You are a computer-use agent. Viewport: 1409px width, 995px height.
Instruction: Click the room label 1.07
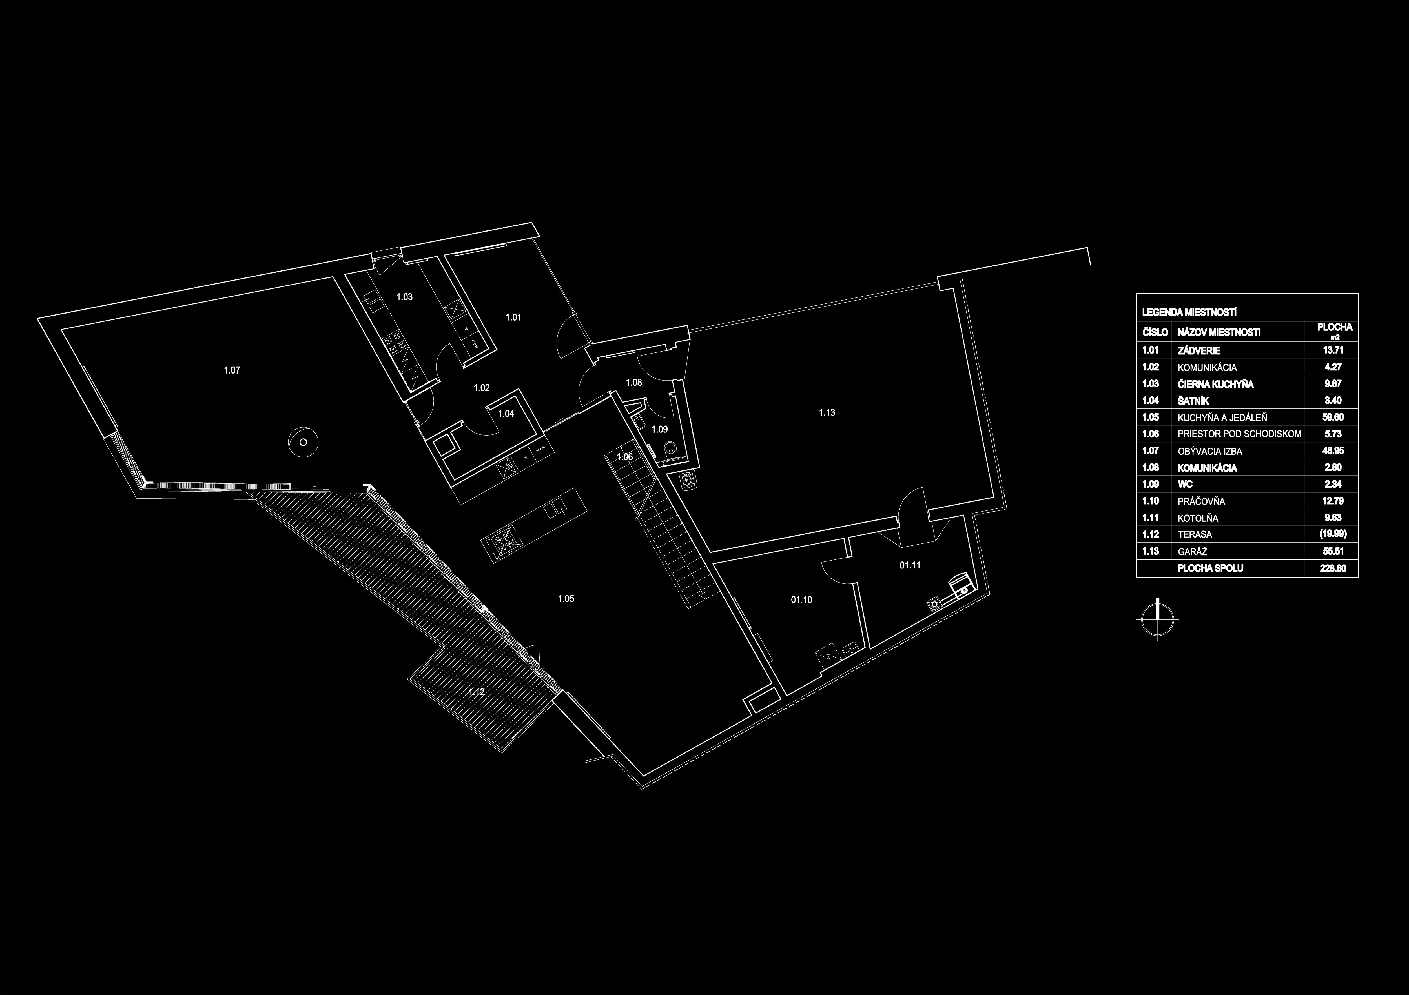pos(232,370)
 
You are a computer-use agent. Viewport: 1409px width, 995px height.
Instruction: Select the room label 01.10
pos(801,600)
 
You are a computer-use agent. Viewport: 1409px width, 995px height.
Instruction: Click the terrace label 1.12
pos(476,692)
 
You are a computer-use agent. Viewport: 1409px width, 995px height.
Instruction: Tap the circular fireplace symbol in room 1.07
pos(303,442)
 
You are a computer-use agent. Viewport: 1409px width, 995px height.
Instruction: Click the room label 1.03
pos(404,297)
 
